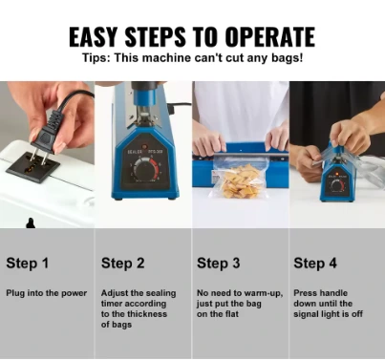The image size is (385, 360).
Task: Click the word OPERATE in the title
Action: pyautogui.click(x=270, y=36)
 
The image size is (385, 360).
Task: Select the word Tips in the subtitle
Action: pyautogui.click(x=96, y=58)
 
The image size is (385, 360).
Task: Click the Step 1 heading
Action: pyautogui.click(x=28, y=264)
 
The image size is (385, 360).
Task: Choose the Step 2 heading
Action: pyautogui.click(x=123, y=264)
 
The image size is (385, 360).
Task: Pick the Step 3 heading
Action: pyautogui.click(x=219, y=264)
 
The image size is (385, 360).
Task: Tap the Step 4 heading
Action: pyautogui.click(x=315, y=264)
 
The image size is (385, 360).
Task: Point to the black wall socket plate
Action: pyautogui.click(x=32, y=168)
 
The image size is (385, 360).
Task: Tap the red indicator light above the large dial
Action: pyautogui.click(x=144, y=147)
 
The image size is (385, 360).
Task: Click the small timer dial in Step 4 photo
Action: pyautogui.click(x=336, y=185)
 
